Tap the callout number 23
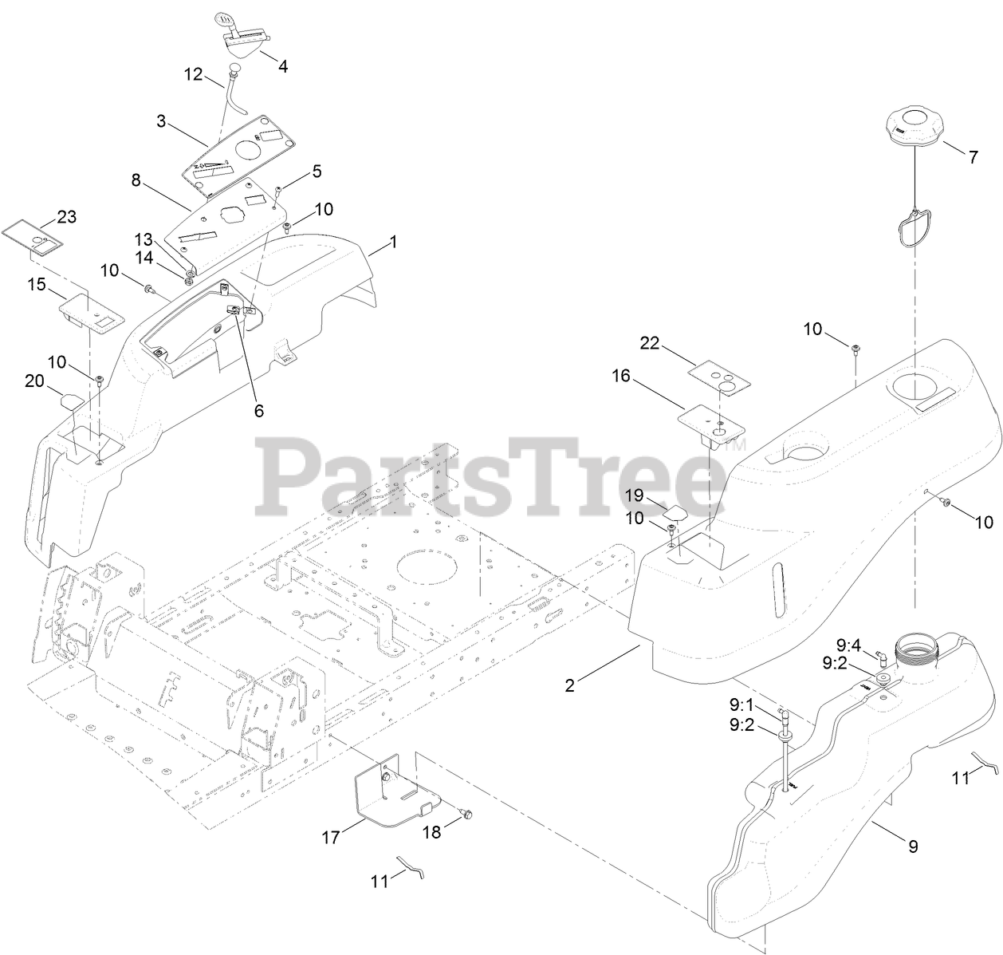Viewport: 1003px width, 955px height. click(66, 217)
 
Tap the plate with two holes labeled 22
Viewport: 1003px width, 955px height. click(717, 373)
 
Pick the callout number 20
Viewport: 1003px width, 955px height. click(34, 381)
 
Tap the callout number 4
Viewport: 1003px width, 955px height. click(283, 65)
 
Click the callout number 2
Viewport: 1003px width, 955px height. click(569, 685)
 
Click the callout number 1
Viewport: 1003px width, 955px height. click(392, 241)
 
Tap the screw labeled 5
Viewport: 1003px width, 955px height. click(279, 188)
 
